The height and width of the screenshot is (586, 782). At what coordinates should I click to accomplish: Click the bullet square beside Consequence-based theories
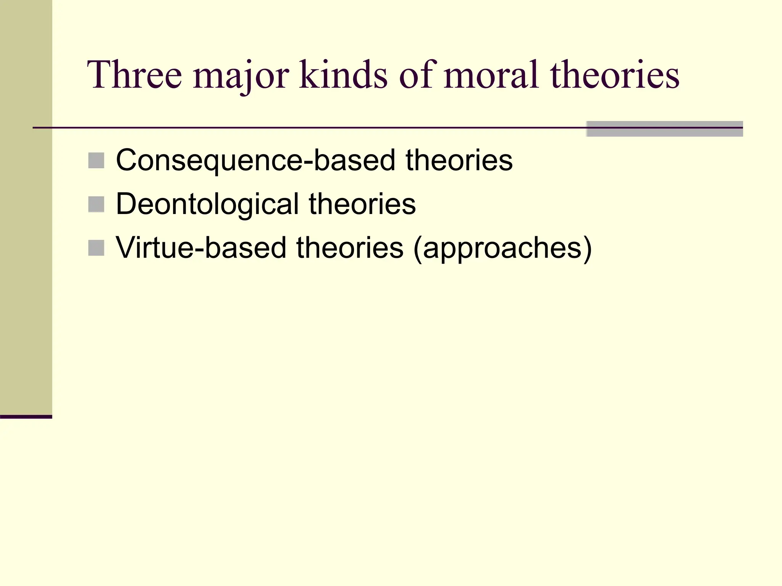(96, 161)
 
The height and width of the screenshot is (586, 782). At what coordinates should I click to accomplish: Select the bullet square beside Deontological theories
(96, 204)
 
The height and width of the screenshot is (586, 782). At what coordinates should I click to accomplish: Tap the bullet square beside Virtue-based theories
(96, 248)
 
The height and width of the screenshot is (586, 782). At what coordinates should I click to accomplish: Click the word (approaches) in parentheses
(502, 249)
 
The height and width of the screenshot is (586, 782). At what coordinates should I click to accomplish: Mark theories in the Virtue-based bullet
(350, 248)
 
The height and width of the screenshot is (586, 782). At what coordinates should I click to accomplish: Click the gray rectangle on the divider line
(664, 129)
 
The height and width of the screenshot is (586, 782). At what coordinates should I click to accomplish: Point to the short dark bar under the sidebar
(26, 417)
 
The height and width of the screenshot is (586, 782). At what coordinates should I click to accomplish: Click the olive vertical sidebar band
(26, 206)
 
